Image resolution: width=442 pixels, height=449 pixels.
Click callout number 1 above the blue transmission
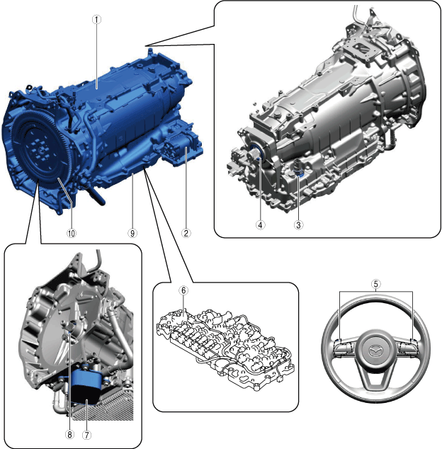97,19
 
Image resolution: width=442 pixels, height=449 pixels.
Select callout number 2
186,233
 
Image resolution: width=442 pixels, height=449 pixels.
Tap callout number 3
298,224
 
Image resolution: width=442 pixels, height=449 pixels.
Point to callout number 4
260,224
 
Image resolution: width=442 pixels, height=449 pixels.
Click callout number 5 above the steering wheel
376,284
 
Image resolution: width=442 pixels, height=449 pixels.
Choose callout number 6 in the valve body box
183,290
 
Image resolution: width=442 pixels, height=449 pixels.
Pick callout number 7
87,435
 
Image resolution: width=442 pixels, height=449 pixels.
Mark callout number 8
69,435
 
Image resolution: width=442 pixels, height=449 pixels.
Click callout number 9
132,233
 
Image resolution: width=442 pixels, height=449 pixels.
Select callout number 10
72,233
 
